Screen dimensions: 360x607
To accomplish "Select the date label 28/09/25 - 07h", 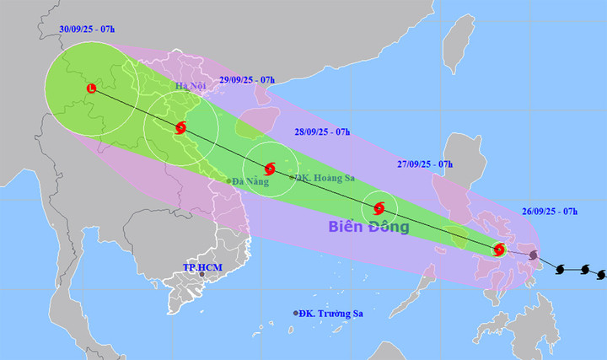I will [321, 132].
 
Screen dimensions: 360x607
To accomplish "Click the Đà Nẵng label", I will [252, 180].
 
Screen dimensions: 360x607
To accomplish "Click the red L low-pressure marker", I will [91, 87].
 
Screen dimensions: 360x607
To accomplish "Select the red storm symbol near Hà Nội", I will [180, 128].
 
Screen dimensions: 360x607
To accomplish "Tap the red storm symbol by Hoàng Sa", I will [270, 169].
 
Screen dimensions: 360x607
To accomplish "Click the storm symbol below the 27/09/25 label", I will [379, 207].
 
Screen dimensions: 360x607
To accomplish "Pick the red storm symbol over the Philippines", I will [499, 250].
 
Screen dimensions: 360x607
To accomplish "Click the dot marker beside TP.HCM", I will [201, 274].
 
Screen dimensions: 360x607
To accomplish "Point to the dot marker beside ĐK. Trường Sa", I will [296, 314].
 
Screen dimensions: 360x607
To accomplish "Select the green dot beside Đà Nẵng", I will [228, 180].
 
